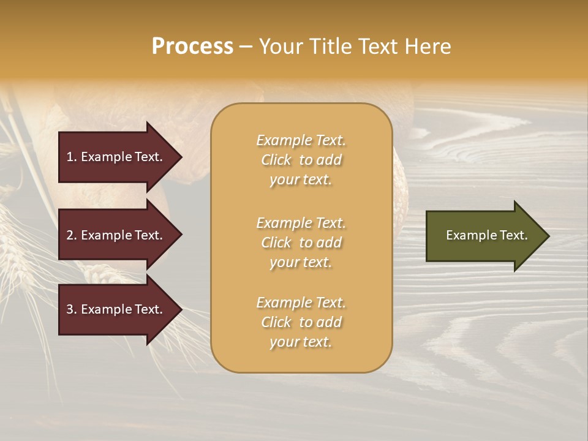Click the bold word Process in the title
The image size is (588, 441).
(192, 47)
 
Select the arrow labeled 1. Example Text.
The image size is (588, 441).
(116, 157)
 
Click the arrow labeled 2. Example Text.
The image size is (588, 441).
(116, 235)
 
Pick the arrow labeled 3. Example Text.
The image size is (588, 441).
(116, 309)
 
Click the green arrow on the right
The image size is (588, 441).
(484, 236)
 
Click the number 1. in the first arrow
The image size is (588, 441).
(72, 157)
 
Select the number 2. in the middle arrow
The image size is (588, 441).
(72, 235)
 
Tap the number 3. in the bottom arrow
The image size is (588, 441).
(72, 309)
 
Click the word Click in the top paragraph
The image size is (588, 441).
(276, 160)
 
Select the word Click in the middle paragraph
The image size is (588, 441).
(276, 243)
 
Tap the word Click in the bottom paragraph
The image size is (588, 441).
(276, 322)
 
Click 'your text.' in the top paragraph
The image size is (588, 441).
(301, 179)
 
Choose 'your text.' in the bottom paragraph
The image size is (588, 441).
(301, 342)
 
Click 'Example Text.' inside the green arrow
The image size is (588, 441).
(486, 235)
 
